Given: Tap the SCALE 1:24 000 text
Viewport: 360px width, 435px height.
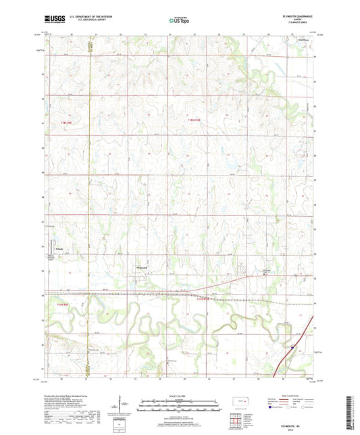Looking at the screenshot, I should pos(180,395).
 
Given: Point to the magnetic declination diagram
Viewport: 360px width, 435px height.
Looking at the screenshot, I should pos(122,405).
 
